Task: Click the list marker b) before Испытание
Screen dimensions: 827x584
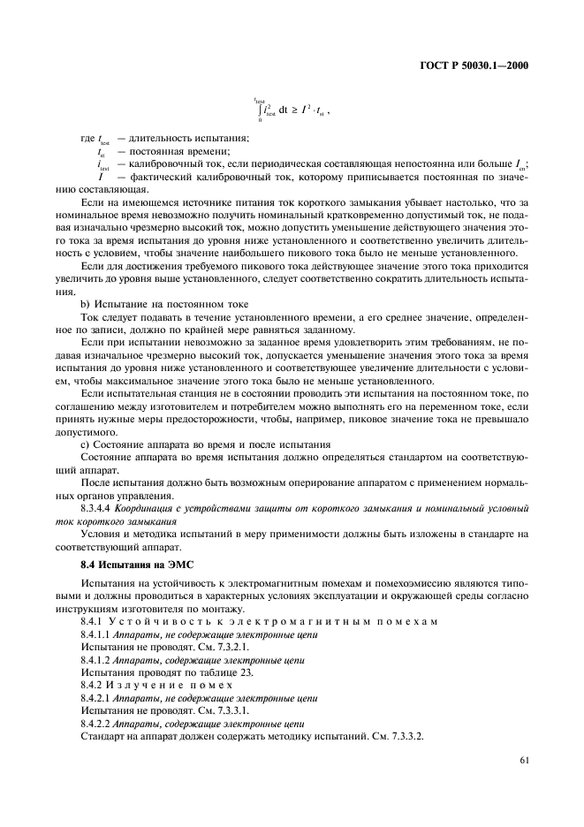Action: pyautogui.click(x=86, y=303)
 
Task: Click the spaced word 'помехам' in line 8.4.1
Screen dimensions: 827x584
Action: pyautogui.click(x=399, y=622)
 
